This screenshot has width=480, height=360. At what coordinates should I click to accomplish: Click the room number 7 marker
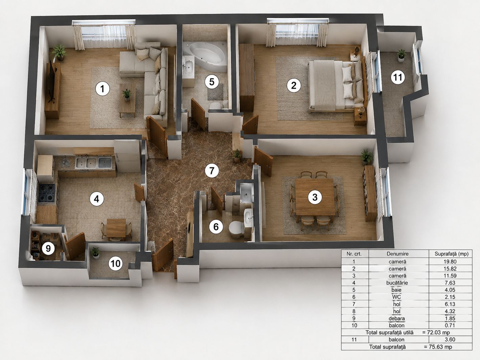tap(212, 171)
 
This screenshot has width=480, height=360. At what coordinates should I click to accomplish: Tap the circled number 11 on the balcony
tap(398, 77)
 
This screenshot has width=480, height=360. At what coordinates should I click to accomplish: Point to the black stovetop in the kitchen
tap(47, 193)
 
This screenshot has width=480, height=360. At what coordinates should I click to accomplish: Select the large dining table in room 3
tap(315, 197)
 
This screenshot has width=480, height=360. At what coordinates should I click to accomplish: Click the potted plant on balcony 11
tap(401, 55)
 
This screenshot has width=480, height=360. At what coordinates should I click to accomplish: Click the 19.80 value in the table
tap(450, 261)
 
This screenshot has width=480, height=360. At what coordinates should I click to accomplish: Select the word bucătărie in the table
tap(397, 283)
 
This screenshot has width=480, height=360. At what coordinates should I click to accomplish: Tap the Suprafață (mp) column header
tap(452, 254)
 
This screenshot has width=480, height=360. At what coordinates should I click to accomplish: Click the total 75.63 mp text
tap(438, 347)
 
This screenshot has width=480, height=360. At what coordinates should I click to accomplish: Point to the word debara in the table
tap(397, 318)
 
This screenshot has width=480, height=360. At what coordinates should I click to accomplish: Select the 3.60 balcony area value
tap(450, 340)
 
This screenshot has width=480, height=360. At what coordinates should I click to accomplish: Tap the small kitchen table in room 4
tap(116, 228)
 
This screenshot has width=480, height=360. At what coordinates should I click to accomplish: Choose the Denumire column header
tap(398, 254)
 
